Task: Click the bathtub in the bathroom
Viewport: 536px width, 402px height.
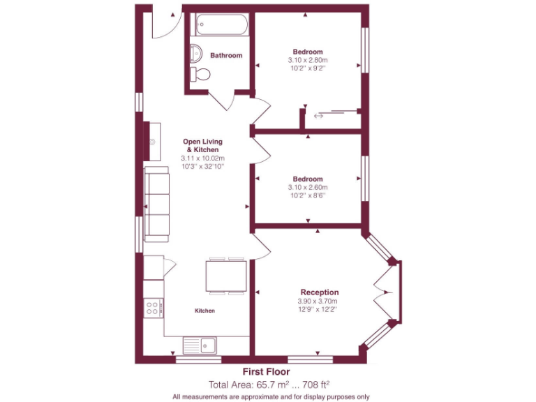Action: [219, 27]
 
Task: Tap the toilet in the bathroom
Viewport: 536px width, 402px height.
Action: [202, 75]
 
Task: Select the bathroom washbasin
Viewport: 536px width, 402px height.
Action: [195, 52]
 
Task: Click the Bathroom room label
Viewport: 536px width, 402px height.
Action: [226, 56]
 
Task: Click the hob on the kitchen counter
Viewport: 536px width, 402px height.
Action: [152, 308]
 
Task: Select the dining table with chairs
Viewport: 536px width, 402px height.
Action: [225, 276]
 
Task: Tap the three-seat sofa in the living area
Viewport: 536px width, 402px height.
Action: [157, 204]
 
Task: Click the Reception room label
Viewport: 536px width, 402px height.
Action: [319, 292]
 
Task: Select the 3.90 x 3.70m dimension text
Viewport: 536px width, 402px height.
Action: [319, 301]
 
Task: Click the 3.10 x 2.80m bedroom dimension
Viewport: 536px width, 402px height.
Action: [308, 61]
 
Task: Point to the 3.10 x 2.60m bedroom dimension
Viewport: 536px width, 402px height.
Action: [308, 187]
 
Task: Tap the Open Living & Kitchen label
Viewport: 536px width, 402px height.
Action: [202, 146]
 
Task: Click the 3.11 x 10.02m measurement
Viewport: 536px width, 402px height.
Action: [202, 158]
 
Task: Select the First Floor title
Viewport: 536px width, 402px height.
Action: [266, 372]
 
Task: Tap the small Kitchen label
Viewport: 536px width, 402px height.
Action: [204, 311]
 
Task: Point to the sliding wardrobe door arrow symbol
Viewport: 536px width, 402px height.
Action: [319, 116]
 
